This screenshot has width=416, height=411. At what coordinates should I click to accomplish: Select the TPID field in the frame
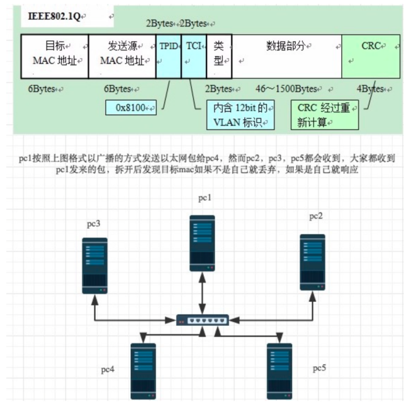(x=168, y=56)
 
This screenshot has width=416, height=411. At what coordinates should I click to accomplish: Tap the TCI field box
(x=193, y=56)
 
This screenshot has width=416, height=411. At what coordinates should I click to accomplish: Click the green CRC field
(x=371, y=56)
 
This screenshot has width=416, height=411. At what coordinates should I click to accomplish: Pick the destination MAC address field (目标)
(x=55, y=56)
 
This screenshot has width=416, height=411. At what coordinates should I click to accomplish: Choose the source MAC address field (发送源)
(x=122, y=56)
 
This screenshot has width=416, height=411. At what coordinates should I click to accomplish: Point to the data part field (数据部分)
(x=287, y=56)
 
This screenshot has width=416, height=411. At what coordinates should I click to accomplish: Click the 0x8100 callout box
(x=131, y=108)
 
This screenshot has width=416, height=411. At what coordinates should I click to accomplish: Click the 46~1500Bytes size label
(x=286, y=89)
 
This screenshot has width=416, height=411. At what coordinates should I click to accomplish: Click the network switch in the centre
(x=202, y=320)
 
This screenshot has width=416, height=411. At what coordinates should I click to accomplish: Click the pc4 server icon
(x=143, y=370)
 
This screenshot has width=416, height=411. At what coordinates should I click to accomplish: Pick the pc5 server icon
(x=279, y=370)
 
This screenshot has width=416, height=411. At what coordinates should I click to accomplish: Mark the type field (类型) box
(x=219, y=56)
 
